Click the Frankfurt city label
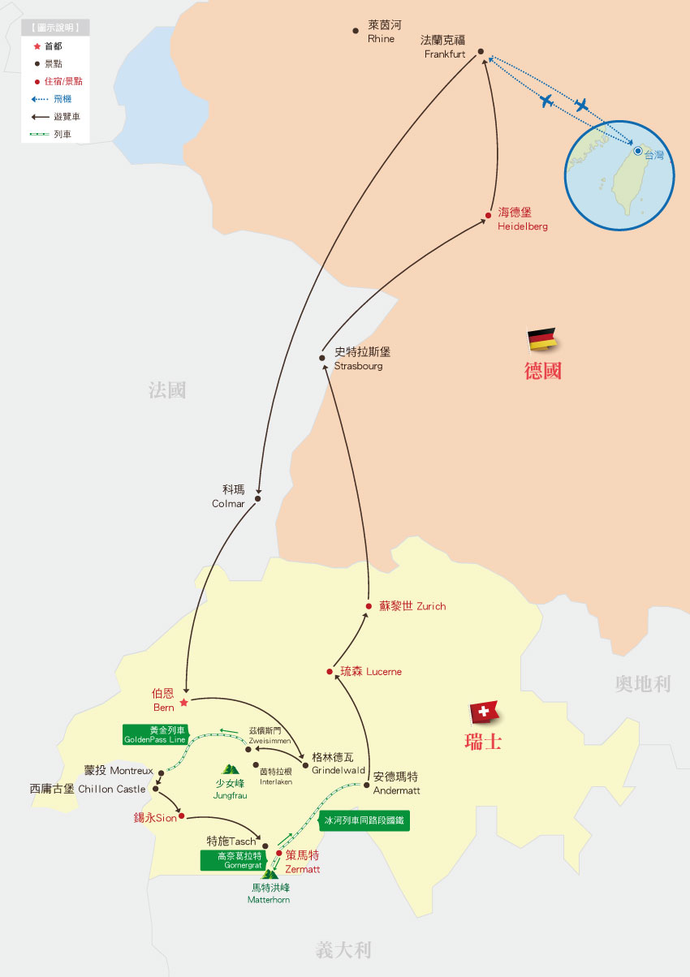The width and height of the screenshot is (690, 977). [x=443, y=47]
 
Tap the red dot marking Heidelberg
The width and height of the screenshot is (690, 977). [x=489, y=215]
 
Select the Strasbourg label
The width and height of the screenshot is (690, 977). [x=360, y=359]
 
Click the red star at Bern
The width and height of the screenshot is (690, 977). [x=184, y=702]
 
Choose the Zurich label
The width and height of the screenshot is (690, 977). [x=412, y=606]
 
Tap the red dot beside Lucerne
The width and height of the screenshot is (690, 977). [x=330, y=672]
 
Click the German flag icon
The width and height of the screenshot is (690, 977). [x=541, y=339]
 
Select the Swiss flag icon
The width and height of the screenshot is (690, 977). [x=484, y=712]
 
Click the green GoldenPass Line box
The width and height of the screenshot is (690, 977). [x=155, y=734]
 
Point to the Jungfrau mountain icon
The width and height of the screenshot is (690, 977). [x=231, y=769]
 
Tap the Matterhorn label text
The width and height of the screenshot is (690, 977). [x=269, y=893]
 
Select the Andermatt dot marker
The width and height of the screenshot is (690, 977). [x=367, y=785]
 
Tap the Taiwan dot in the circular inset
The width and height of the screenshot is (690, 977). [x=638, y=151]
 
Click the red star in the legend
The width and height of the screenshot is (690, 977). [x=37, y=46]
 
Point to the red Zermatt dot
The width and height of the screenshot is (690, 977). [x=279, y=853]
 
